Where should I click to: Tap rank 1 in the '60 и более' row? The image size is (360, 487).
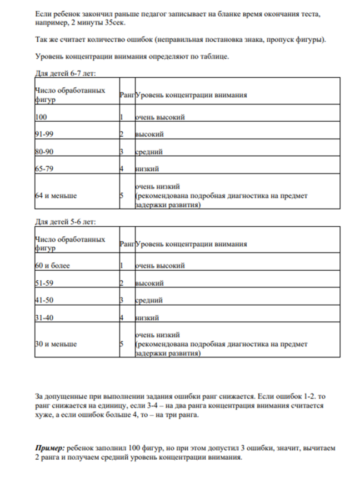[121, 266]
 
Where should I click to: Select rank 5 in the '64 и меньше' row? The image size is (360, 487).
[121, 196]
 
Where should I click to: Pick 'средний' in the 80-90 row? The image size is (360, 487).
[149, 151]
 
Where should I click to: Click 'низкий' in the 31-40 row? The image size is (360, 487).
[147, 318]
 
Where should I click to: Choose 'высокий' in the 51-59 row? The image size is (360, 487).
[149, 283]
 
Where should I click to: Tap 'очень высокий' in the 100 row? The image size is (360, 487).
[160, 117]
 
